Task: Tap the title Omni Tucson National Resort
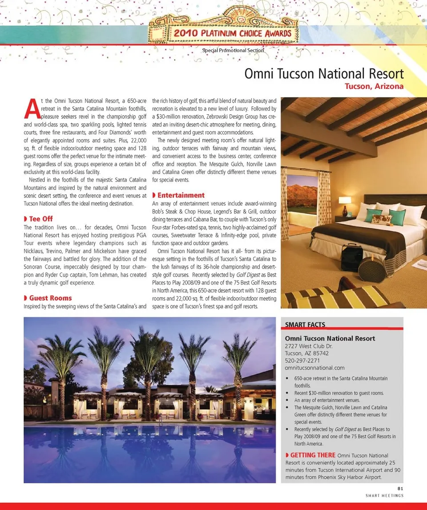(x=324, y=73)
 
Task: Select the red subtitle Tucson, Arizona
(x=374, y=86)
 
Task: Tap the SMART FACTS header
(x=305, y=325)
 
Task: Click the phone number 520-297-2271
(x=302, y=361)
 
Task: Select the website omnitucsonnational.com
(x=314, y=368)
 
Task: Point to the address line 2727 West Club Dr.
(x=309, y=346)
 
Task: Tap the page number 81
(x=400, y=488)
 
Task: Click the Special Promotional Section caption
(x=233, y=50)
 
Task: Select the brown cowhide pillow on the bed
(x=382, y=220)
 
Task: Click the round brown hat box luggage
(x=372, y=269)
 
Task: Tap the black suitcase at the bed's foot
(x=352, y=257)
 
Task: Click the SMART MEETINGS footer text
(x=384, y=495)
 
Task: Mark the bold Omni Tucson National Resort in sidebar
(x=330, y=338)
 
